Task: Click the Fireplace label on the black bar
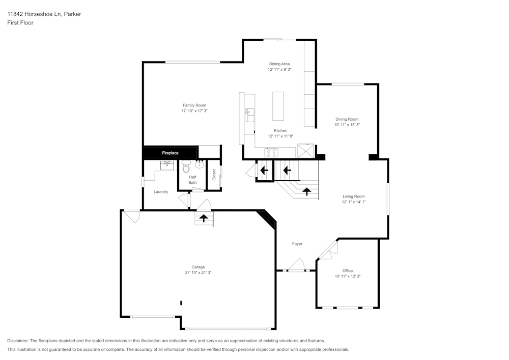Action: tap(170, 153)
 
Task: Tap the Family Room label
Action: tap(194, 105)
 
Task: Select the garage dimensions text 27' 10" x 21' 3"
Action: tap(198, 273)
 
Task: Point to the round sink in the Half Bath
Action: tap(199, 164)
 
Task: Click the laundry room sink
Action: tap(167, 165)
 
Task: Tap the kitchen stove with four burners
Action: tap(271, 152)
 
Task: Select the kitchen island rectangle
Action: tap(278, 105)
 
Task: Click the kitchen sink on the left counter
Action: tap(249, 116)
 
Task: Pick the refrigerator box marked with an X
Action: tap(306, 151)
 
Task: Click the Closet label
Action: tap(214, 175)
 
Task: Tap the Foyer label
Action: tap(297, 244)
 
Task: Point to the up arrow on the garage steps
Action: tap(204, 218)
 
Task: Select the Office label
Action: tap(348, 270)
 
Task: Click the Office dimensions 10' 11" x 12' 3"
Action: tap(348, 276)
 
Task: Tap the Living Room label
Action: tap(353, 196)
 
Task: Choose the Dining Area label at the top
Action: tap(279, 64)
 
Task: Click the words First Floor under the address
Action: tap(20, 23)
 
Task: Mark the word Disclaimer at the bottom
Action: tap(18, 341)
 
